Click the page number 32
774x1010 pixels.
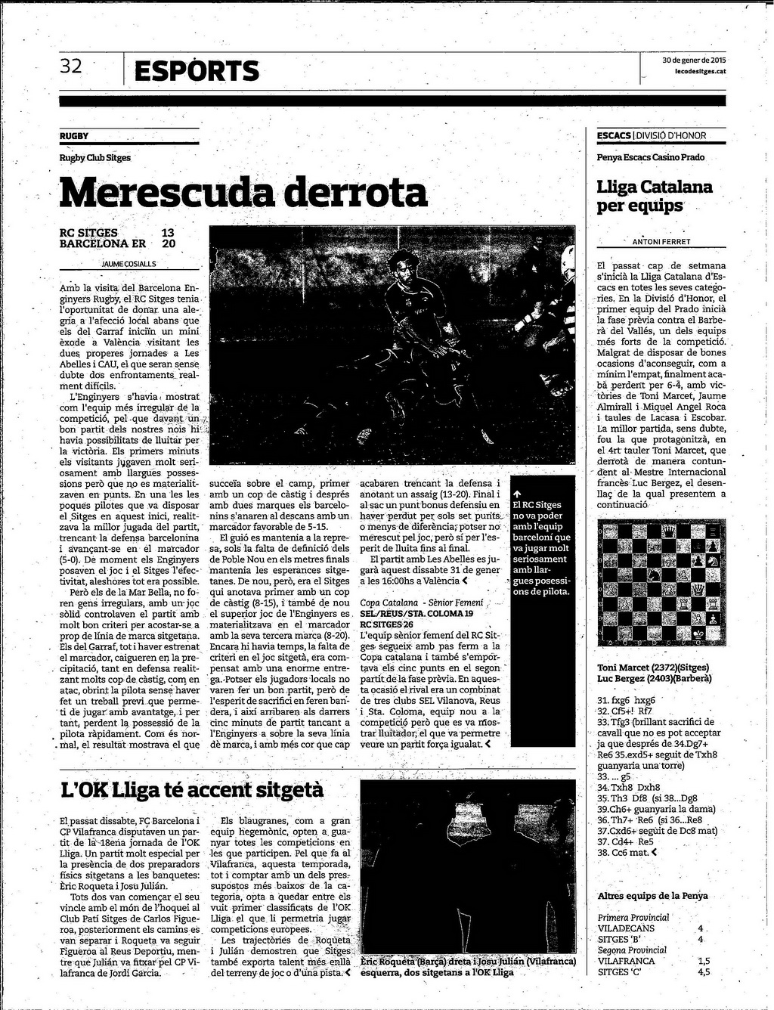coord(71,67)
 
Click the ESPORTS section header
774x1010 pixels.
coord(197,72)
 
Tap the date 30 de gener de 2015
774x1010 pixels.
coord(693,60)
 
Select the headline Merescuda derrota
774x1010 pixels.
coord(243,192)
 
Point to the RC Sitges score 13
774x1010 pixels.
coord(168,233)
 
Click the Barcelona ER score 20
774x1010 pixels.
coord(169,244)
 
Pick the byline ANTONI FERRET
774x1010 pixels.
coord(661,242)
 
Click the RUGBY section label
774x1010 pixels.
coord(74,136)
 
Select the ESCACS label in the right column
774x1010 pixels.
coord(613,136)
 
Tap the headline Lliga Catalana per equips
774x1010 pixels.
coord(655,196)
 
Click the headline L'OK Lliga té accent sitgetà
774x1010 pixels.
coord(192,790)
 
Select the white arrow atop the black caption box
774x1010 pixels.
coord(517,494)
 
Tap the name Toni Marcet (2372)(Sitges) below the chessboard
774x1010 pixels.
coord(648,668)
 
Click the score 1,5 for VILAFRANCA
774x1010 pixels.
coord(703,961)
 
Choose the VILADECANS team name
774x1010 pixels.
coord(626,928)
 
